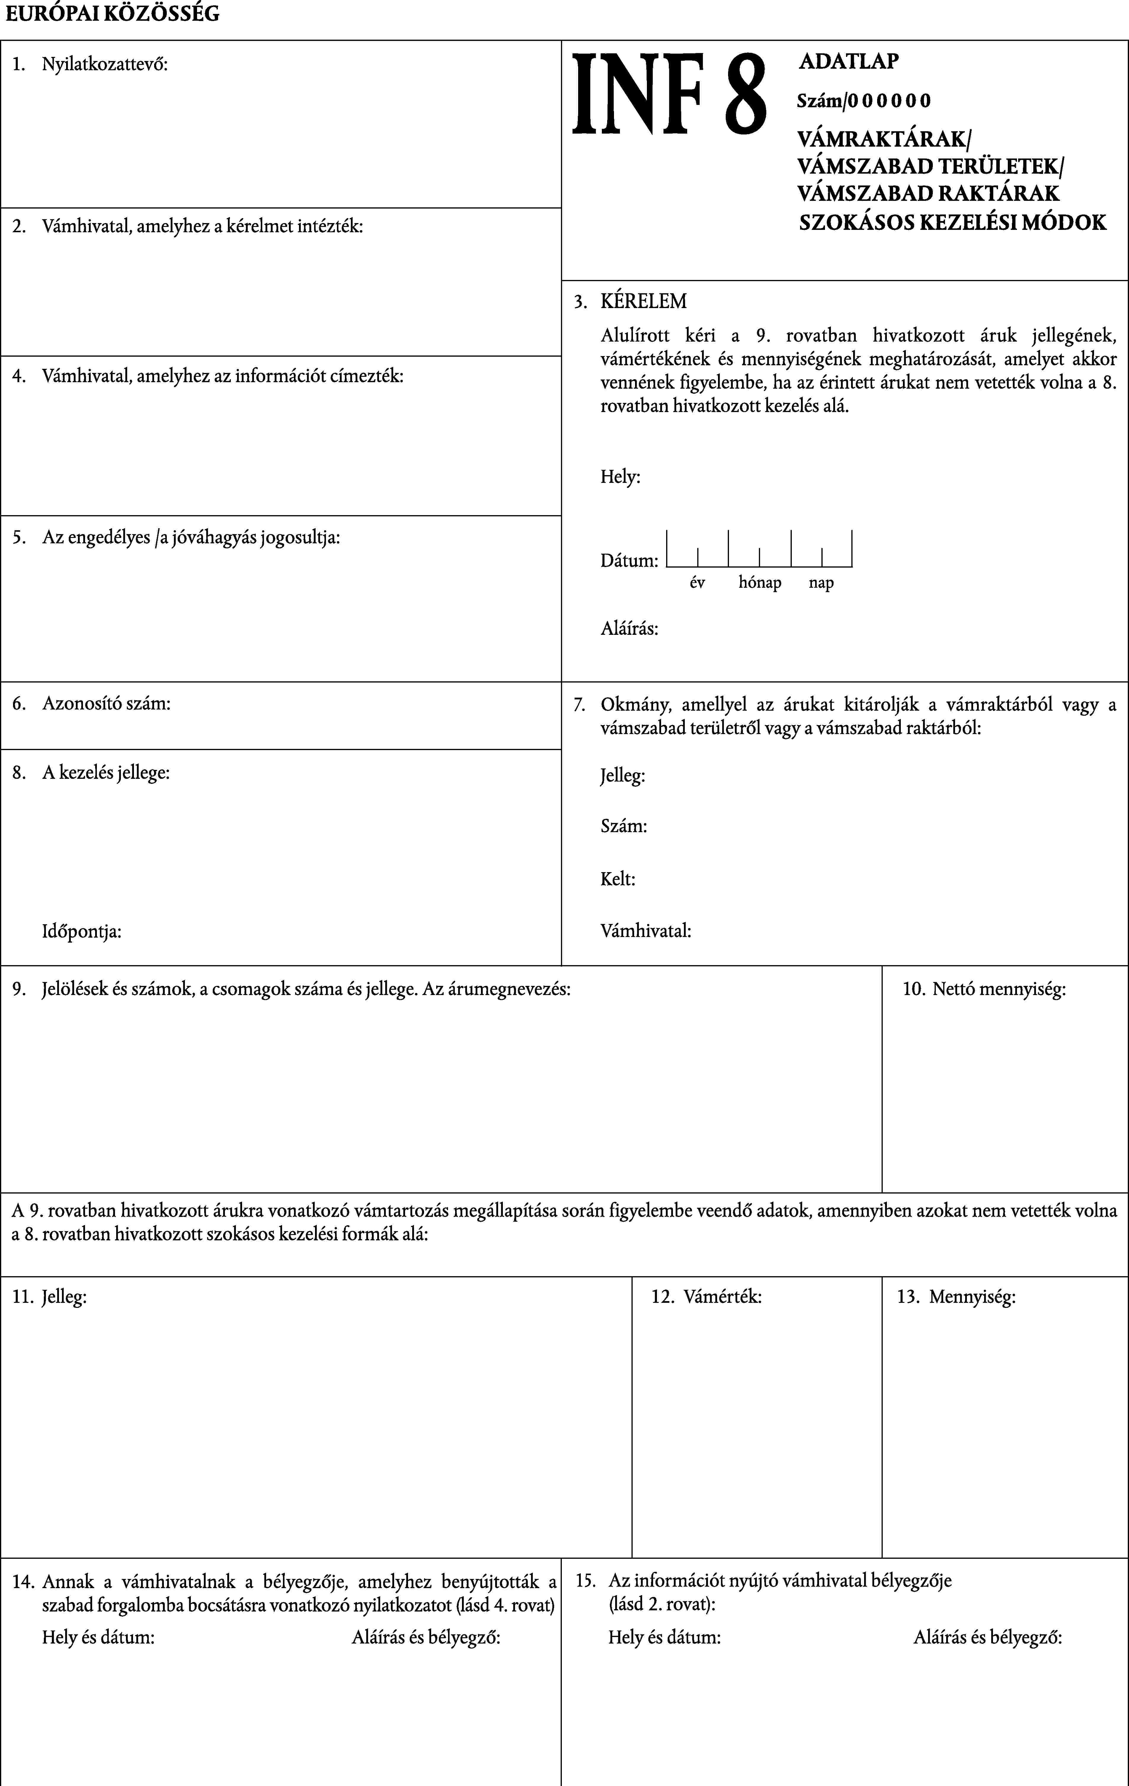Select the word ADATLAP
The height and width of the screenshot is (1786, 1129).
click(849, 62)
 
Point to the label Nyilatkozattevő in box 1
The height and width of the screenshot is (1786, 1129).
click(105, 65)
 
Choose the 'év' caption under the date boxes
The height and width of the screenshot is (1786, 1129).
click(697, 583)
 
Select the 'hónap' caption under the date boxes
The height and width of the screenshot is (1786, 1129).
click(759, 583)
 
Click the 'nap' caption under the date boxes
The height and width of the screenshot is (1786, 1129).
click(821, 583)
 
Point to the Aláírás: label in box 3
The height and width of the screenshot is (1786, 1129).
click(629, 629)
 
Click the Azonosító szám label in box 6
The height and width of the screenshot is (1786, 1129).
click(106, 703)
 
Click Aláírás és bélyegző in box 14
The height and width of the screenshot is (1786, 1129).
click(426, 1638)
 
